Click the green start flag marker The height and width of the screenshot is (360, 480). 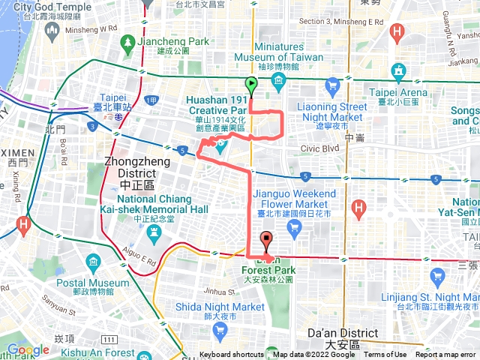(250, 85)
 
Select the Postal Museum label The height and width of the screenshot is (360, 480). (93, 283)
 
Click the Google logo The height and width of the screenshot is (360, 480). (28, 349)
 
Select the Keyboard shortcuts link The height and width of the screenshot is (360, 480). (233, 355)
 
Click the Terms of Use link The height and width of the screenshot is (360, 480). (385, 355)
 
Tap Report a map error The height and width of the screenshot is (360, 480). (446, 355)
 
